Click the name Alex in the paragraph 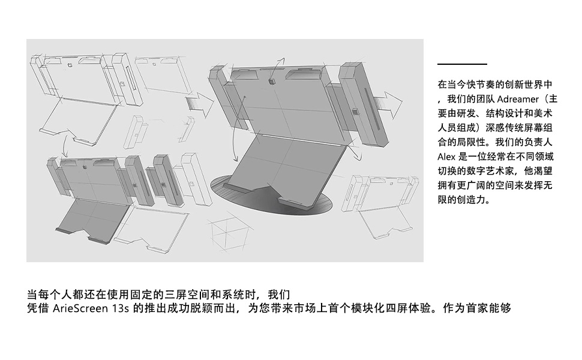point(448,157)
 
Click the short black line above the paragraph point(462,64)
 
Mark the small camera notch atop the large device point(271,81)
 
